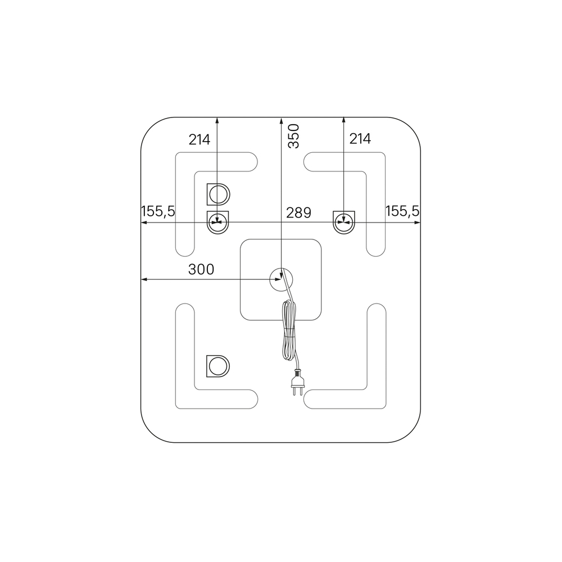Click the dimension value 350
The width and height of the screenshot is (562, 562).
[293, 136]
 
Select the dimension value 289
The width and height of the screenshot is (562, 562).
[298, 212]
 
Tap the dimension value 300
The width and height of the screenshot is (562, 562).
[201, 269]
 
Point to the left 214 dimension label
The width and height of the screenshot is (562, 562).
[200, 139]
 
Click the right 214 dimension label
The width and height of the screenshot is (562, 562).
[360, 139]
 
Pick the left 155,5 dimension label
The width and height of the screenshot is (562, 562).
[158, 211]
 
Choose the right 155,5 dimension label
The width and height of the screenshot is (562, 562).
[402, 211]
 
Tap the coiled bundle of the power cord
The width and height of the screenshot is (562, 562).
[289, 330]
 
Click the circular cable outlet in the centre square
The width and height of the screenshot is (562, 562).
[281, 279]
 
